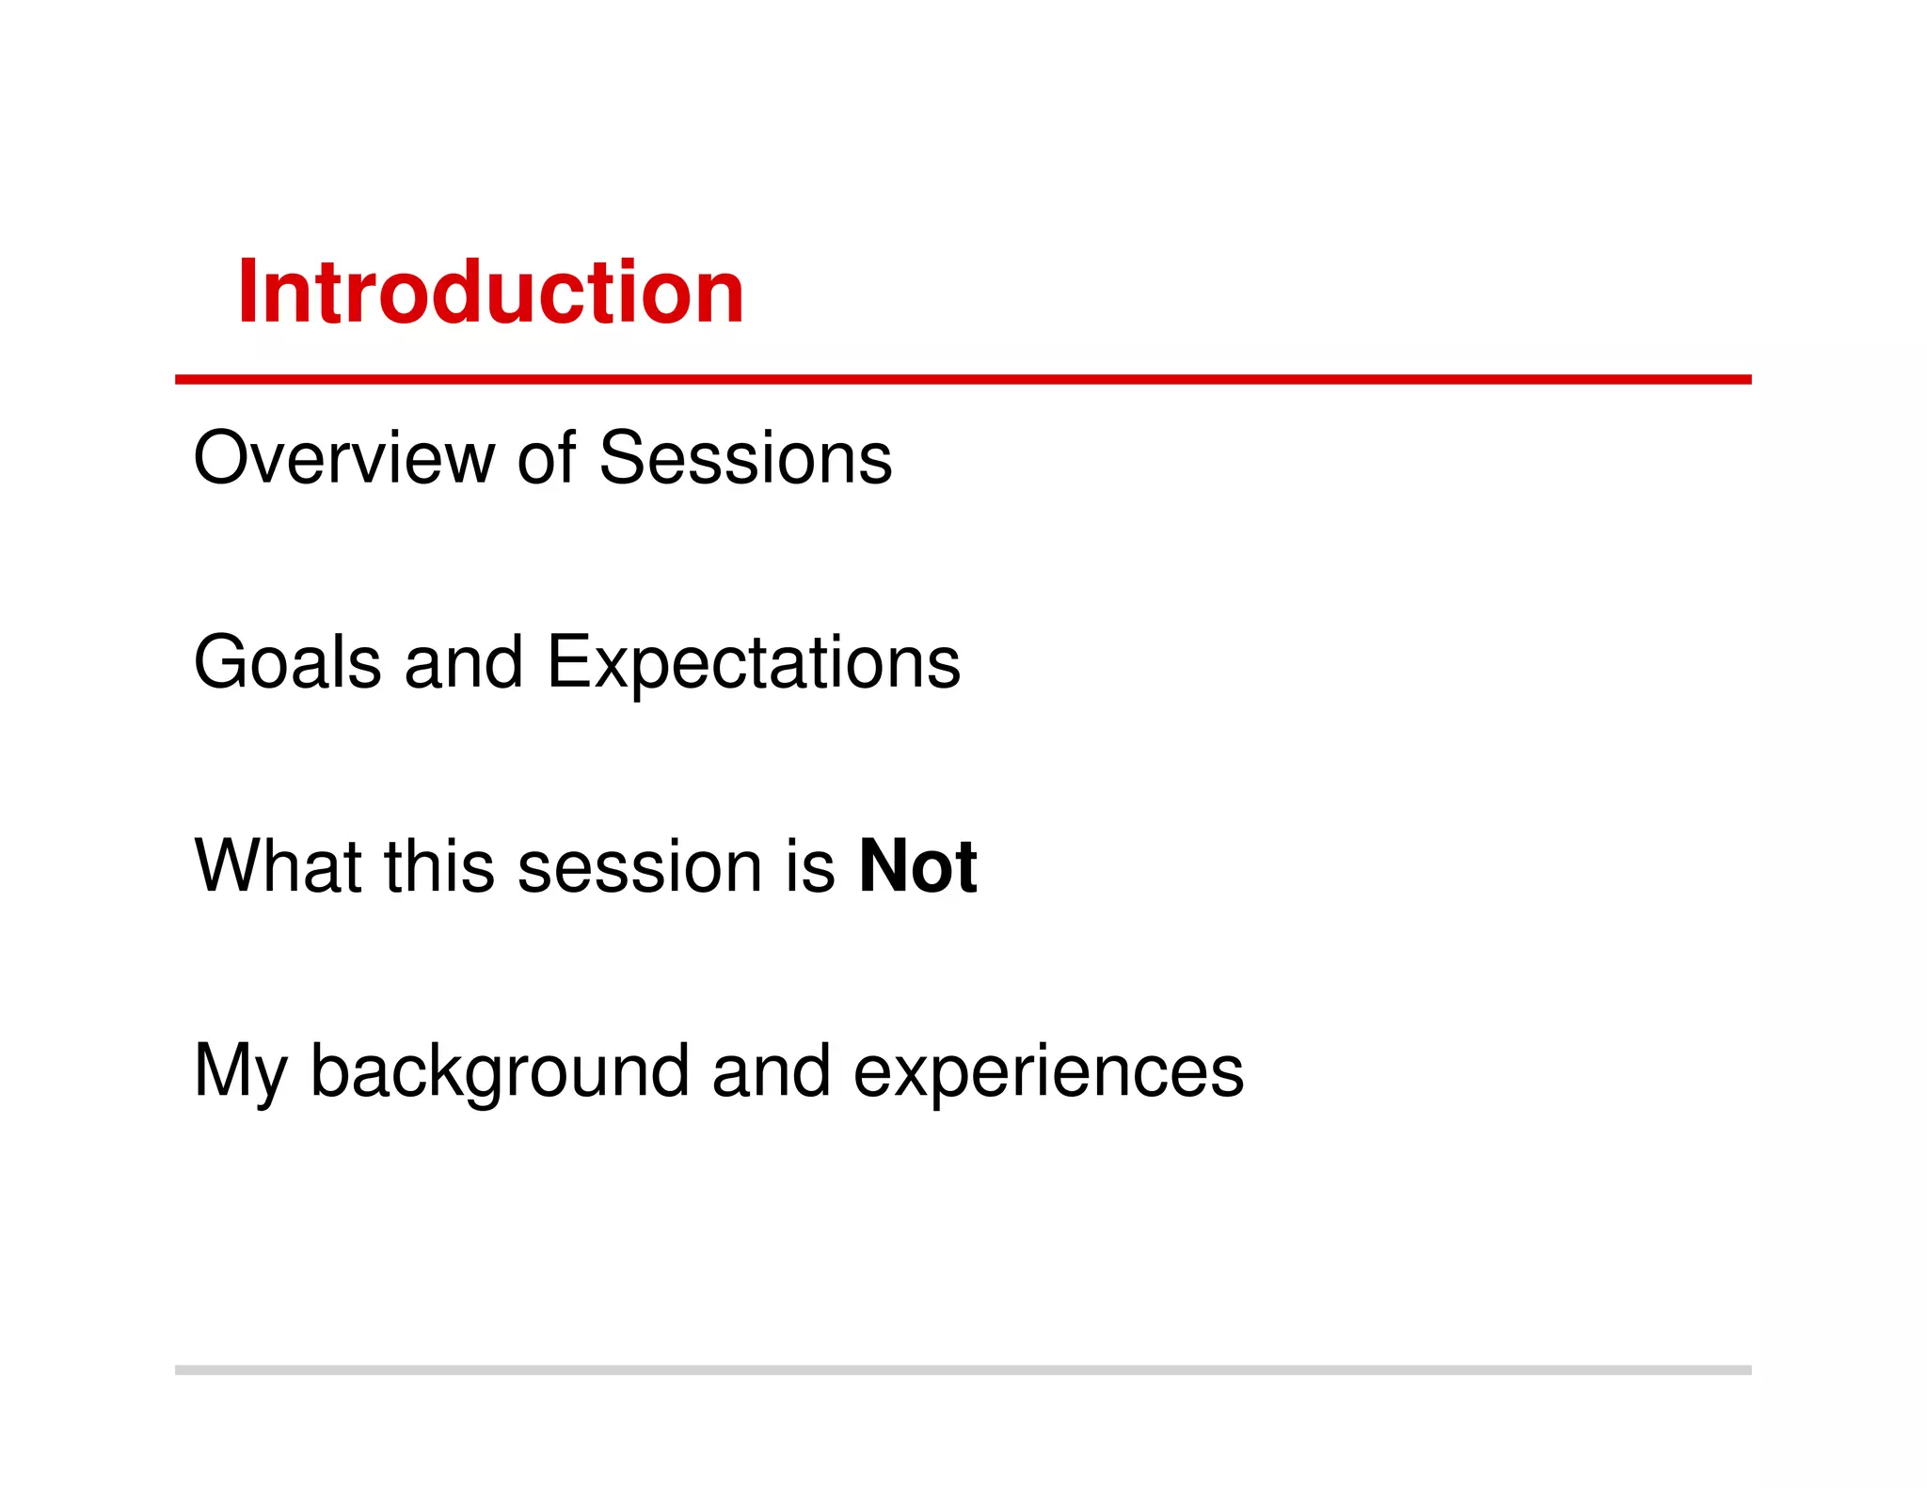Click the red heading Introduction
pyautogui.click(x=490, y=293)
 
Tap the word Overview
pyautogui.click(x=343, y=458)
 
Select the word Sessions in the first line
pyautogui.click(x=745, y=458)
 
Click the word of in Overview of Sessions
pyautogui.click(x=546, y=458)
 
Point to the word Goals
pyautogui.click(x=287, y=662)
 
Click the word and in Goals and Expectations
pyautogui.click(x=463, y=662)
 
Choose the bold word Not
pyautogui.click(x=917, y=866)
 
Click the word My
pyautogui.click(x=240, y=1072)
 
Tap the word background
pyautogui.click(x=499, y=1072)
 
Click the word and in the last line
pyautogui.click(x=771, y=1070)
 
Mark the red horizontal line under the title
pyautogui.click(x=962, y=379)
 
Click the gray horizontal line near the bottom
pyautogui.click(x=962, y=1369)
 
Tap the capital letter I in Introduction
pyautogui.click(x=247, y=293)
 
